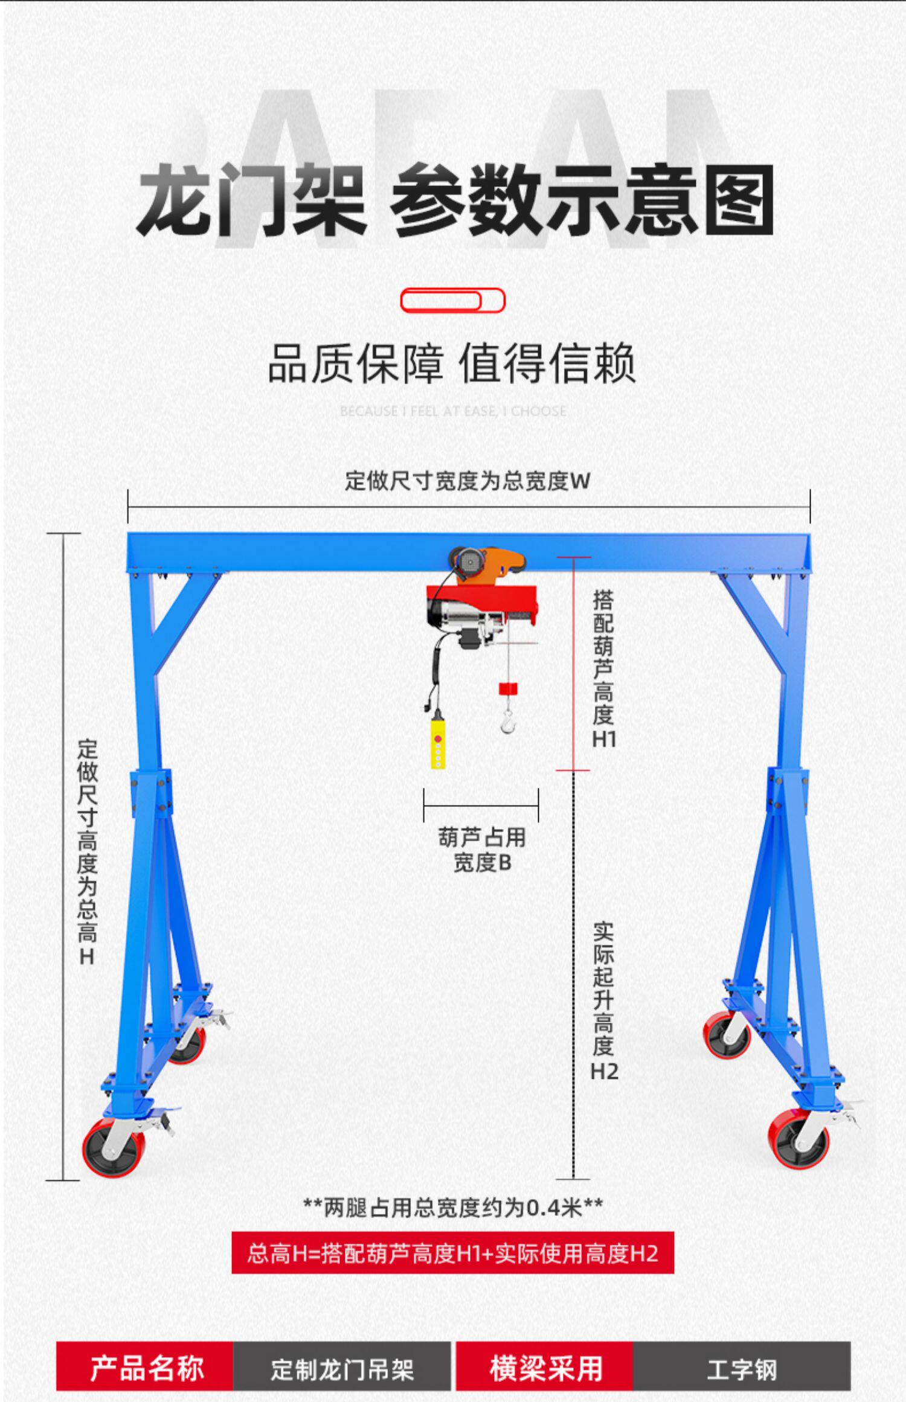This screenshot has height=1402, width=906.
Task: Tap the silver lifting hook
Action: click(x=509, y=720)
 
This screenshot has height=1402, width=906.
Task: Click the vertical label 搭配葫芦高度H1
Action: click(x=603, y=669)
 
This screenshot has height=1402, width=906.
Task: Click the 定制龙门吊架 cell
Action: click(x=342, y=1369)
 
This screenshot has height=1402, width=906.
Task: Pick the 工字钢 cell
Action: click(x=742, y=1369)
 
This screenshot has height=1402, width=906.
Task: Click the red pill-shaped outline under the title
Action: click(x=452, y=300)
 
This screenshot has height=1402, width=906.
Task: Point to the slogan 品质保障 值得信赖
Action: click(x=452, y=364)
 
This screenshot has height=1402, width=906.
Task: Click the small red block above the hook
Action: click(x=508, y=688)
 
